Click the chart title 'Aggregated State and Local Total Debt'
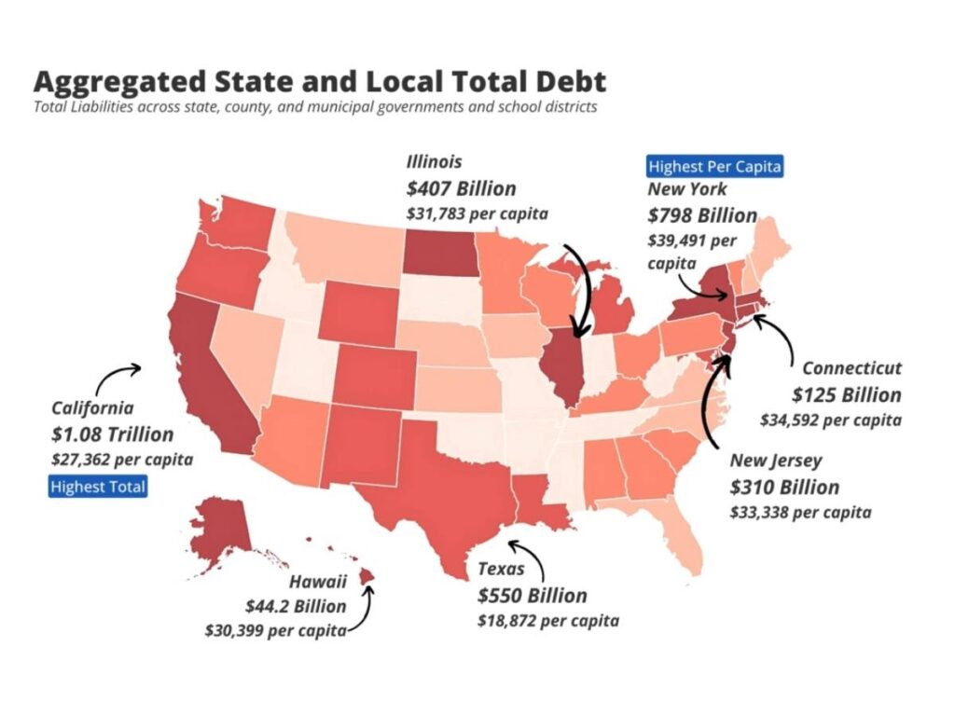point(320,81)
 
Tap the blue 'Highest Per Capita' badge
point(714,167)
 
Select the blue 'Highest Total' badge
point(98,486)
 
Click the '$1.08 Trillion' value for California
point(112,434)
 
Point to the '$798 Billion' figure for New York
point(702,215)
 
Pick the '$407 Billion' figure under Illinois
point(461,189)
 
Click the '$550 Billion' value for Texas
point(533,596)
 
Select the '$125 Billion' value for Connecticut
point(847,394)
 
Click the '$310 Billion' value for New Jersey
point(784,487)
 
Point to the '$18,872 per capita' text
point(547,620)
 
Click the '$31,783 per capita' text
point(477,213)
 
